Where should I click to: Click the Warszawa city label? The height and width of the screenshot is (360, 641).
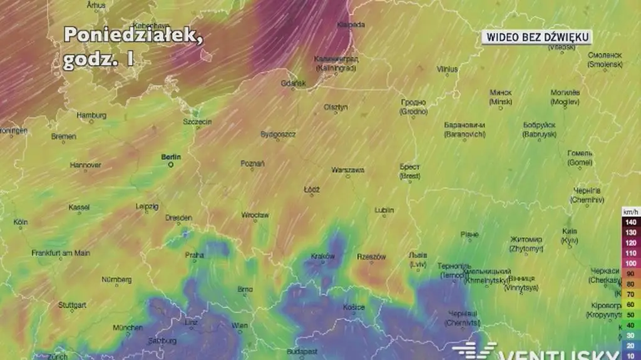coord(348,170)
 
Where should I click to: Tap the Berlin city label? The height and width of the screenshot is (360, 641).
coord(171,157)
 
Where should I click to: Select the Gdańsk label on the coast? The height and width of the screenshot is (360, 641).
coord(293,83)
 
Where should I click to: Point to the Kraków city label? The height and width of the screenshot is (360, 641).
coord(323,256)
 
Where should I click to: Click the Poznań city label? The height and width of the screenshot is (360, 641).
coord(252,163)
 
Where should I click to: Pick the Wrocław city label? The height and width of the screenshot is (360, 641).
coord(255,215)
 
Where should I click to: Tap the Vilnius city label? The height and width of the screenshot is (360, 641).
coord(447,69)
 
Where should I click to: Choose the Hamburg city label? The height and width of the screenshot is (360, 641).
coord(91,115)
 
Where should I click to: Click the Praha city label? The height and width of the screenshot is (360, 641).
coord(195,255)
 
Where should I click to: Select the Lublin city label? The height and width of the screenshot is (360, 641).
coord(384,210)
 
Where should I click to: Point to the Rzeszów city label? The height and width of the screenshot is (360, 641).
coord(371,257)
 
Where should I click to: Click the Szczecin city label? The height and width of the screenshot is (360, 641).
coord(197,121)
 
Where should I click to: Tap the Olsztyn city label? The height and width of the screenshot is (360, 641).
coord(336,107)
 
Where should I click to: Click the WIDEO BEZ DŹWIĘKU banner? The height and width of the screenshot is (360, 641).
coord(536,38)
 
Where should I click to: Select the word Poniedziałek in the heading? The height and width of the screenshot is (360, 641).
coord(133,35)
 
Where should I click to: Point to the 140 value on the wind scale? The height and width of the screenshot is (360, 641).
coord(630,222)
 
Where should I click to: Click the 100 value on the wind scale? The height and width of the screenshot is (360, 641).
coord(630,264)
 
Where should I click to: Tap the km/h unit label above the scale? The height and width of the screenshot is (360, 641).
coord(630,212)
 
